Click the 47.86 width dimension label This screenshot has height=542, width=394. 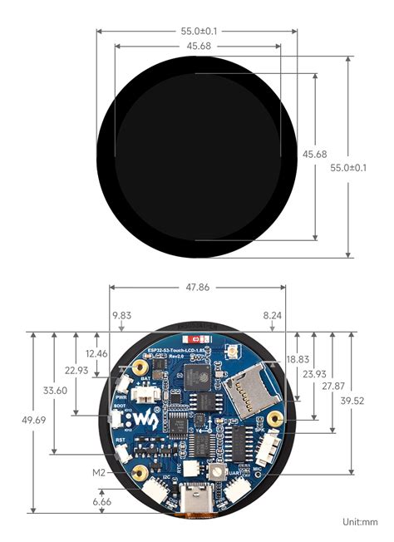coord(197,287)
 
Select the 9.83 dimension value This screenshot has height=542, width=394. coord(121,316)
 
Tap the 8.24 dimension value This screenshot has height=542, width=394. coord(272,316)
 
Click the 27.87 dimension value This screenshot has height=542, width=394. coord(333,387)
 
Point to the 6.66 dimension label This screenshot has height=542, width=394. coord(102,502)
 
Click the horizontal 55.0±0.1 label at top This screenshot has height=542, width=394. coord(197,31)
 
